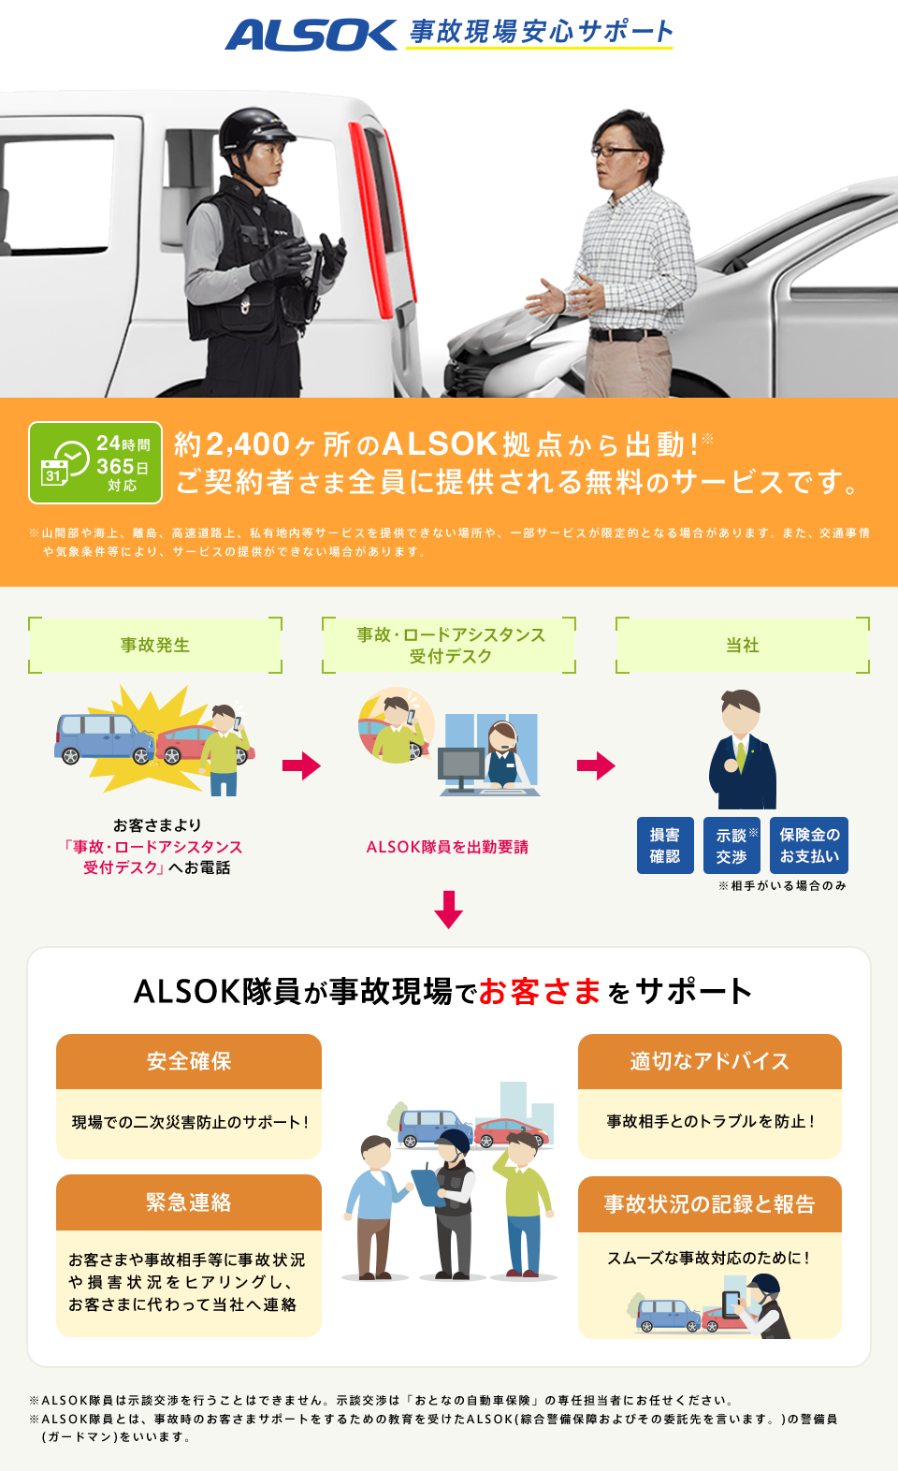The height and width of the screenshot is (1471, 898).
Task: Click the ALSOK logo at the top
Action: pos(311,35)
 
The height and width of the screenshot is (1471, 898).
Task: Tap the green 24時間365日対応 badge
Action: pos(95,462)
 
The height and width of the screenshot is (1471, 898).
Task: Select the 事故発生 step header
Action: pos(155,645)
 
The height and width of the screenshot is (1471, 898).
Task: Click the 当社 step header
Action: pos(743,645)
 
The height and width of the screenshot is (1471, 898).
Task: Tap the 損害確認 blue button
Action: pos(665,845)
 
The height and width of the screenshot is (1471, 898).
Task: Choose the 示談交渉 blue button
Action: pos(731,845)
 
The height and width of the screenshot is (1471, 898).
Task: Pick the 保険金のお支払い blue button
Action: pos(809,845)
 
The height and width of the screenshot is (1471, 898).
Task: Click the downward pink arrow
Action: pos(449,909)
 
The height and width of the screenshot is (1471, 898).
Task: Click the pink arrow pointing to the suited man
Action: pos(596,765)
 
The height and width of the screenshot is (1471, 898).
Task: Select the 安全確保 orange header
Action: pos(189,1061)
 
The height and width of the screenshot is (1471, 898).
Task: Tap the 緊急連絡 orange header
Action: pos(189,1202)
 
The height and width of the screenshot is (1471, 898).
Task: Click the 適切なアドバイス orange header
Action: pos(709,1061)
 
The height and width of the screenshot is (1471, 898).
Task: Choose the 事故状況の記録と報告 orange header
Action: pos(709,1204)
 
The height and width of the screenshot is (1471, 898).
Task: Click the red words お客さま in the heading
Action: pos(540,991)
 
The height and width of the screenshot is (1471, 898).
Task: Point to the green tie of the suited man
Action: pos(741,754)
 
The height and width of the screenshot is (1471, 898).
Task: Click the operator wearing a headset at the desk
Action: pos(502,753)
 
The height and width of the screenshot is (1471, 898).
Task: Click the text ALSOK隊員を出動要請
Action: pos(447,847)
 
